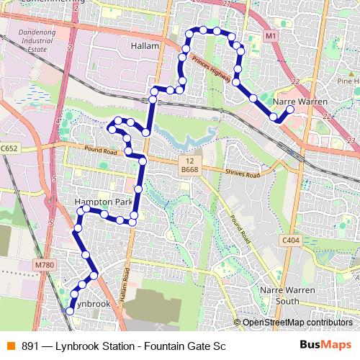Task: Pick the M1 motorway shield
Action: pos(270,35)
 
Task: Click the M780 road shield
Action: pos(43,265)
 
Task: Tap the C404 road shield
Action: pos(290,240)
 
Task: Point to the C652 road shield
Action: pos(9,148)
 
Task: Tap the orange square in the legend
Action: pos(11,346)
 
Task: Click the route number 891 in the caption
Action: pos(31,346)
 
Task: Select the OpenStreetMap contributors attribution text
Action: pos(298,323)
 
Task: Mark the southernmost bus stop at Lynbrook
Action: pos(70,311)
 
